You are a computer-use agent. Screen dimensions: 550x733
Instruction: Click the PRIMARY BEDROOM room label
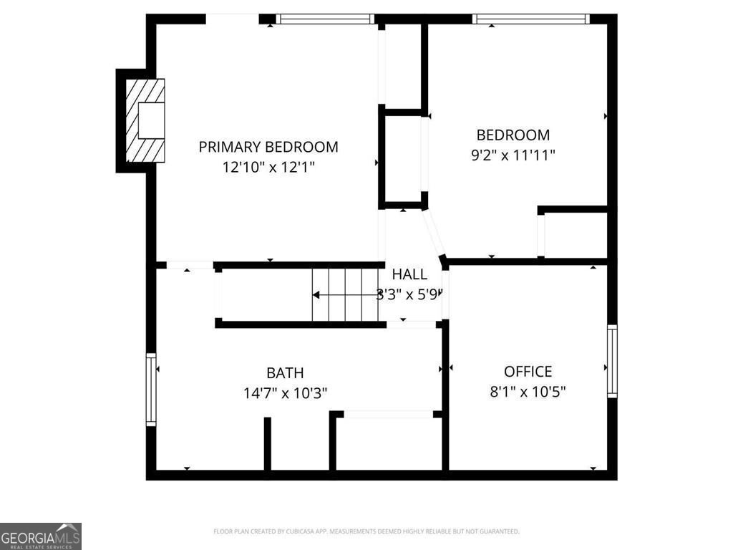[268, 148]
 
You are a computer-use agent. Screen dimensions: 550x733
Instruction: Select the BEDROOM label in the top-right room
[513, 135]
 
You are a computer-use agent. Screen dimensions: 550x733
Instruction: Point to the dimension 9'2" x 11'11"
[513, 155]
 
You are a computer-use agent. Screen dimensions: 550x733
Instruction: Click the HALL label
[409, 274]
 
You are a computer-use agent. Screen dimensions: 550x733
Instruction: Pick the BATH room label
[285, 373]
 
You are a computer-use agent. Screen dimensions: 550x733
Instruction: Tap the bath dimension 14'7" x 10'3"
[285, 393]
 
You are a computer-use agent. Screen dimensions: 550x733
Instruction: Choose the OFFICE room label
[528, 372]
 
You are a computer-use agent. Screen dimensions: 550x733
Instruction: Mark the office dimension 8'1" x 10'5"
[528, 392]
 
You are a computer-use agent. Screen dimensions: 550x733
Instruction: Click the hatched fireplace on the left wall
[145, 120]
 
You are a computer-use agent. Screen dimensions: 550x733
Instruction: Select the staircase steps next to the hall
[345, 295]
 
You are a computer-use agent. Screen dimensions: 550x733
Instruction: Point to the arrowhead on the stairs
[316, 295]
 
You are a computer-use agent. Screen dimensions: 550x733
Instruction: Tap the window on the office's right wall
[612, 361]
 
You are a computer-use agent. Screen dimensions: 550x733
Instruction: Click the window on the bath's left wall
[151, 390]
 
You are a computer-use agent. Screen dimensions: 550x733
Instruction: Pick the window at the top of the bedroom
[530, 19]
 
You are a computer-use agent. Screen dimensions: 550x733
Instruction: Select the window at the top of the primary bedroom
[326, 19]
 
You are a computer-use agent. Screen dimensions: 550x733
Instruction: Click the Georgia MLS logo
[41, 536]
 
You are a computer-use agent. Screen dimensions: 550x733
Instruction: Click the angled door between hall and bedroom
[434, 233]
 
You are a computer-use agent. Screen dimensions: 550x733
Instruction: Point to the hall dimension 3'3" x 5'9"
[410, 294]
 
